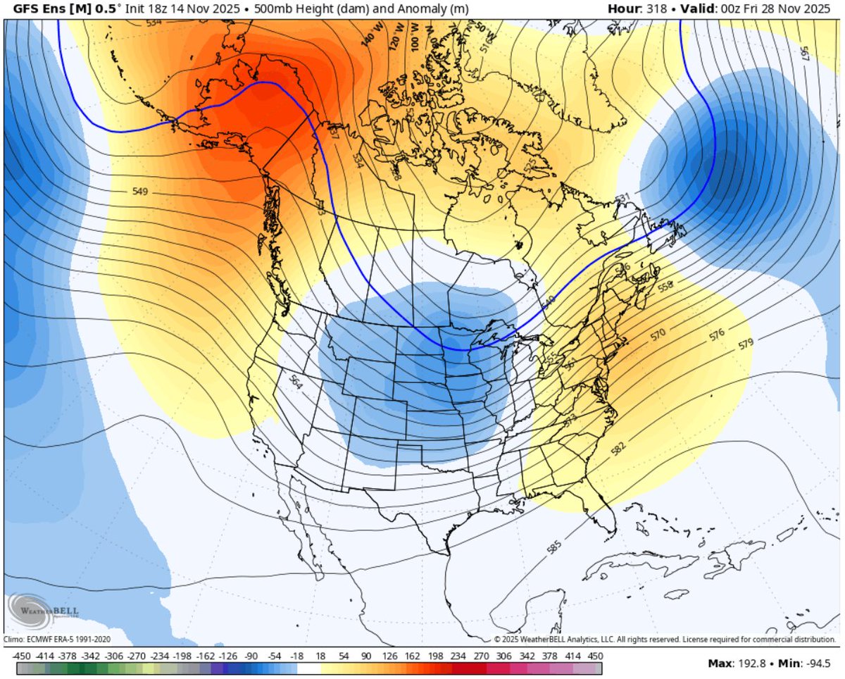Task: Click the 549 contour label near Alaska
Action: [x=141, y=191]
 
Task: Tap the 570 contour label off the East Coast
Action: [x=658, y=334]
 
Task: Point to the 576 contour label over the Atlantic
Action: [x=718, y=335]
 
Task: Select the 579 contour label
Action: [x=746, y=345]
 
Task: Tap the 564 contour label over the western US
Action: [x=296, y=388]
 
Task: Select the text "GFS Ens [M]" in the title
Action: [x=40, y=9]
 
